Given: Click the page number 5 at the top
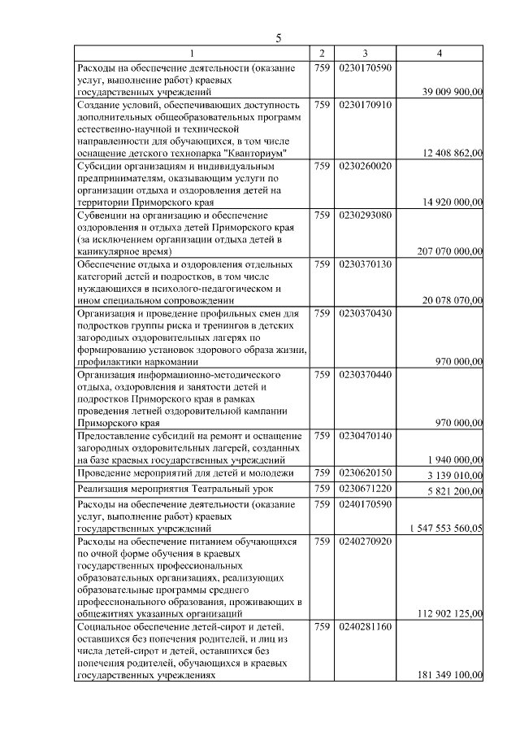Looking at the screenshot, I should point(278,38).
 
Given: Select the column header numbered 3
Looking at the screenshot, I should point(365,54).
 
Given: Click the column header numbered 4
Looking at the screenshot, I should point(440,54).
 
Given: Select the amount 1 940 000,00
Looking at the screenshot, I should point(456,459).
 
